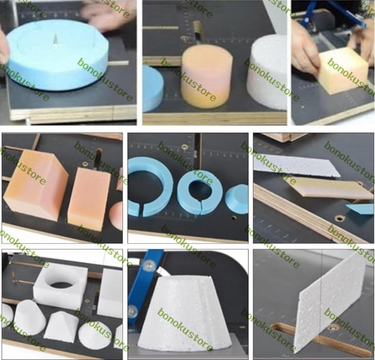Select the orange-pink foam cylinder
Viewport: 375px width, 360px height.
(207, 76)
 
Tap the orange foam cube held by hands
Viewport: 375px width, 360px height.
(343, 70)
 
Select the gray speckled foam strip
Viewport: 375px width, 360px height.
(297, 166)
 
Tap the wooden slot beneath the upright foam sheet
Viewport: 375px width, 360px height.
(320, 337)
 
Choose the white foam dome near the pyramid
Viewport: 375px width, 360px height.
(95, 335)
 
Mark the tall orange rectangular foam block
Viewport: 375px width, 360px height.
(89, 200)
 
